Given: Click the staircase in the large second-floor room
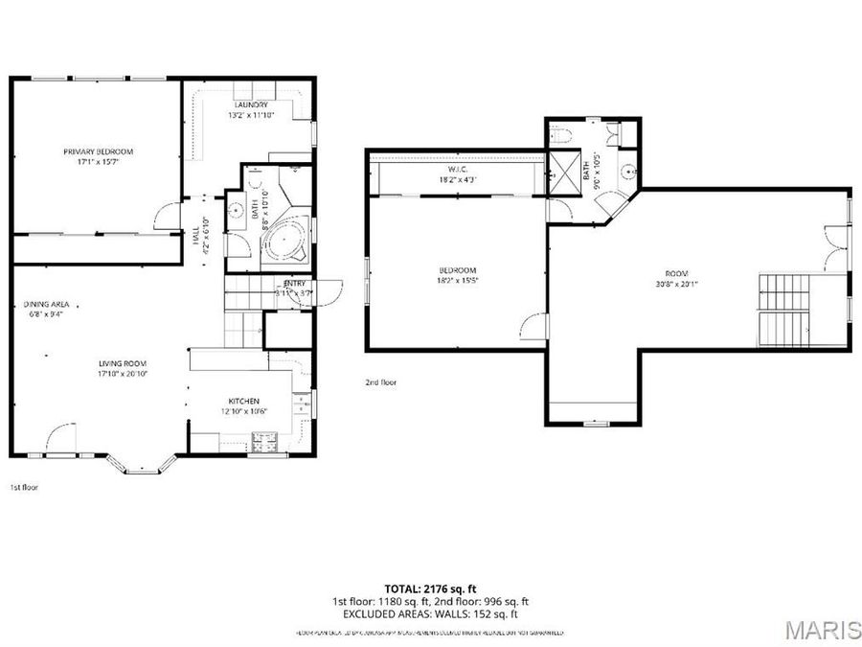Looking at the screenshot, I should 783,309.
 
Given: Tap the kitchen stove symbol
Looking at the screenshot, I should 263,441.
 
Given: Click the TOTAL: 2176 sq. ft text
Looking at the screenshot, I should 430,588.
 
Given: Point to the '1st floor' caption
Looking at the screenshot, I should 23,487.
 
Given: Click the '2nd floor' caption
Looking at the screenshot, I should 380,381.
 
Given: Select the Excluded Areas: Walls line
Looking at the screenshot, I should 430,613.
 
